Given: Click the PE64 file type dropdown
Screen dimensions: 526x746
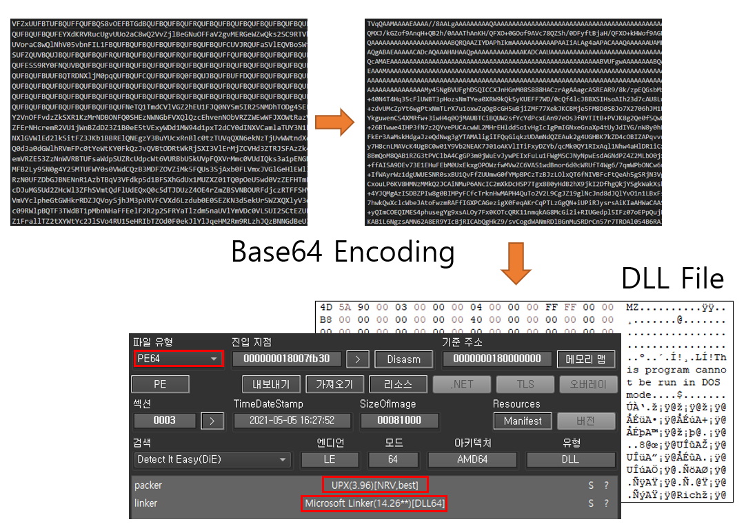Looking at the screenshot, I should [x=178, y=359].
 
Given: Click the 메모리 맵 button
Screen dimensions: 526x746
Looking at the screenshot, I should [x=585, y=359].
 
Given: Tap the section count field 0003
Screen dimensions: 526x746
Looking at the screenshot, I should [x=165, y=420].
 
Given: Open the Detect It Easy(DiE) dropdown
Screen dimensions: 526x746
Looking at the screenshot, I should [x=212, y=459].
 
